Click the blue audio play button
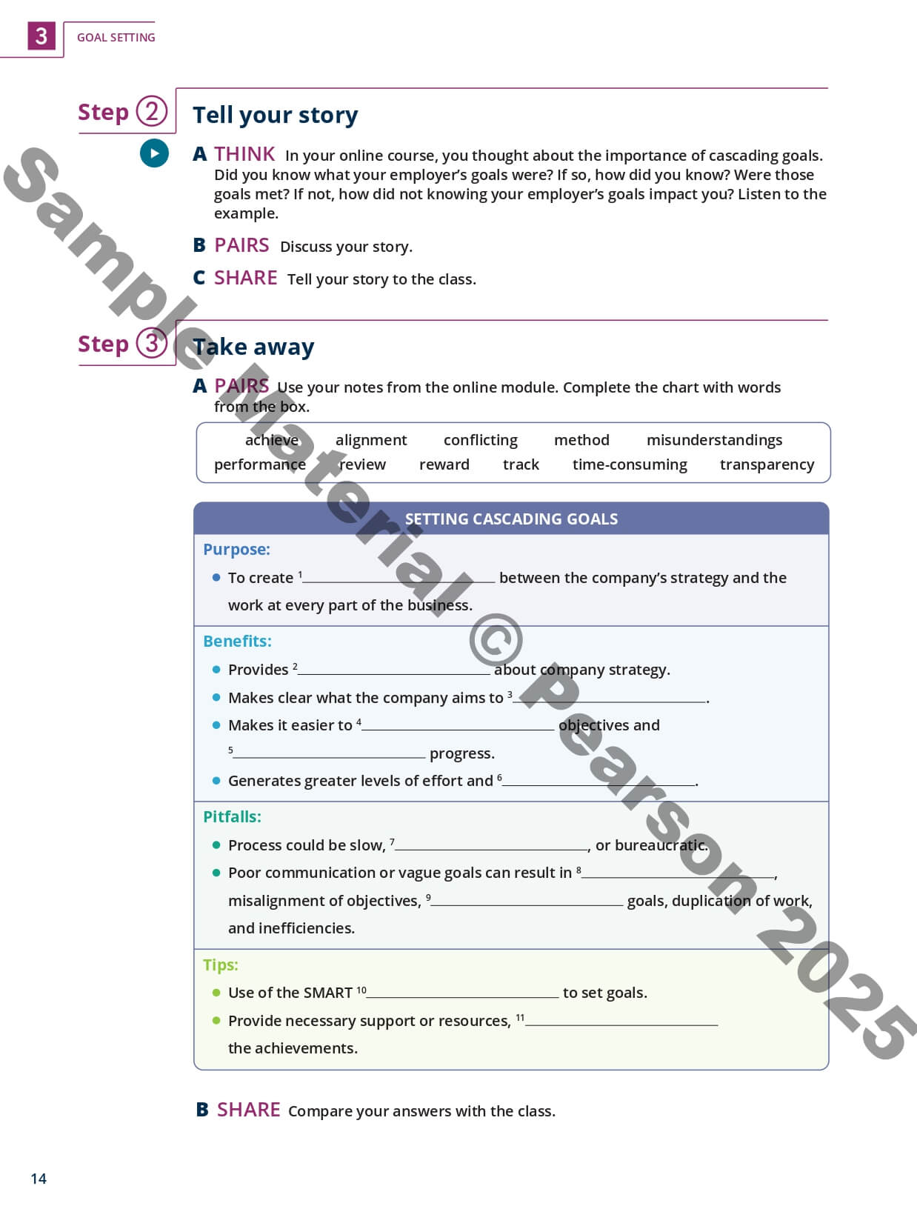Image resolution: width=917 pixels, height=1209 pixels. coord(154,153)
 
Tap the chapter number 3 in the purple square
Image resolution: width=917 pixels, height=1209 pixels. coord(41,36)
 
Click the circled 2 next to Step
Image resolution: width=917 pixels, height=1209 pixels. coord(152,112)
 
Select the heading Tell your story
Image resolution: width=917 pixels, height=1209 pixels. coord(275,115)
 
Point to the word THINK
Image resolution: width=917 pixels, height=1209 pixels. coord(244,154)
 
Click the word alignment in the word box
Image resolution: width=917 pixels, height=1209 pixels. coord(371,440)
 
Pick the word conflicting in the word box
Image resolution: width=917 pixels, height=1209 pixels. coord(480,440)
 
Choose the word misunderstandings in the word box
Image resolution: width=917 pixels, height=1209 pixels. coord(714,440)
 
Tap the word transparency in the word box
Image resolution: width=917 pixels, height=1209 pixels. coord(767,464)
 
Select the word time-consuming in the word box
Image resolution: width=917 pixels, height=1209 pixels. coord(630,464)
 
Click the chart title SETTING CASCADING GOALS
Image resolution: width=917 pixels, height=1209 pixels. coord(511,519)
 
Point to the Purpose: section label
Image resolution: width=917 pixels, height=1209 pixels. coord(236,549)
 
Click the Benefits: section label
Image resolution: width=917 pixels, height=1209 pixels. coord(237,641)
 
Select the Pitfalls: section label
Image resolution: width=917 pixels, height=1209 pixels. coord(232,816)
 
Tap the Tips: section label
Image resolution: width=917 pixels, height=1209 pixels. coord(221,965)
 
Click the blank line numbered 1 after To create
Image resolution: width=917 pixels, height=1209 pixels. coord(399,579)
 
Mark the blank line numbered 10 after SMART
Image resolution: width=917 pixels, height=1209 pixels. coord(463,993)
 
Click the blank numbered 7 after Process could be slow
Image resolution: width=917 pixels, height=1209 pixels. coord(491,846)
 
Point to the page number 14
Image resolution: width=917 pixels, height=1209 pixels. coord(39,1179)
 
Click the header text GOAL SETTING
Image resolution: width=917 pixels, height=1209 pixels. coord(116,37)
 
